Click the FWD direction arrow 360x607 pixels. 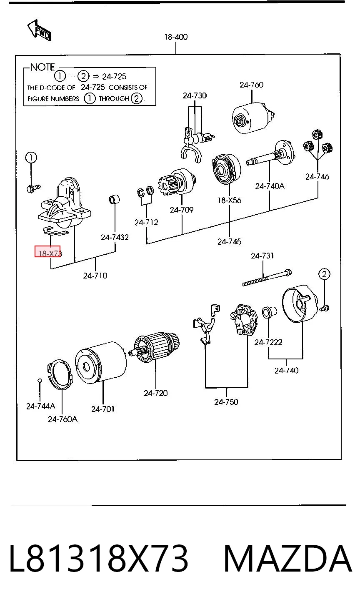[x=39, y=30]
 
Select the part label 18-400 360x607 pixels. [x=176, y=37]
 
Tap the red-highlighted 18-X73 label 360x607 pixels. [x=47, y=251]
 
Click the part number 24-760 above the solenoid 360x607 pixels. [x=251, y=85]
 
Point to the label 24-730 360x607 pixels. [x=195, y=95]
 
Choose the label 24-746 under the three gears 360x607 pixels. [x=317, y=177]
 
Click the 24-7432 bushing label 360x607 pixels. [x=115, y=237]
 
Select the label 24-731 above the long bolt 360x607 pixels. [x=262, y=256]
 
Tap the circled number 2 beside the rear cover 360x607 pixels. [x=324, y=274]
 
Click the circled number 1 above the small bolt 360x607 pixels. [x=31, y=158]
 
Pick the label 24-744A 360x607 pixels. [x=41, y=406]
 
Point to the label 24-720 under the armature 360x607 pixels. [x=156, y=393]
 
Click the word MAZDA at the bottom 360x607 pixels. [x=287, y=559]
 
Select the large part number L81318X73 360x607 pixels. [x=99, y=559]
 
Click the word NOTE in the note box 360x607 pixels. [x=42, y=67]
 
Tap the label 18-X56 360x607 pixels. [x=230, y=200]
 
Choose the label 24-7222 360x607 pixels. [x=268, y=343]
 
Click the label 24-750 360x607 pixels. [x=226, y=402]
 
